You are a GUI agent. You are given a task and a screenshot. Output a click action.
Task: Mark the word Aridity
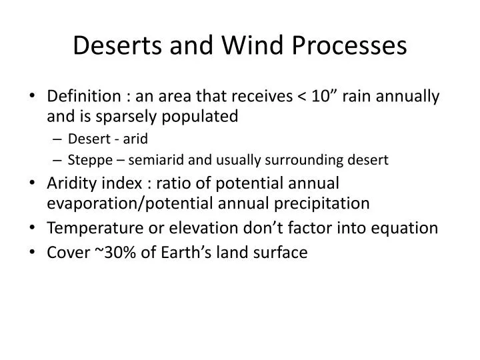73,183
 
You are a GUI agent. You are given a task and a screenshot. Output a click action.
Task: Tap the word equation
407,228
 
